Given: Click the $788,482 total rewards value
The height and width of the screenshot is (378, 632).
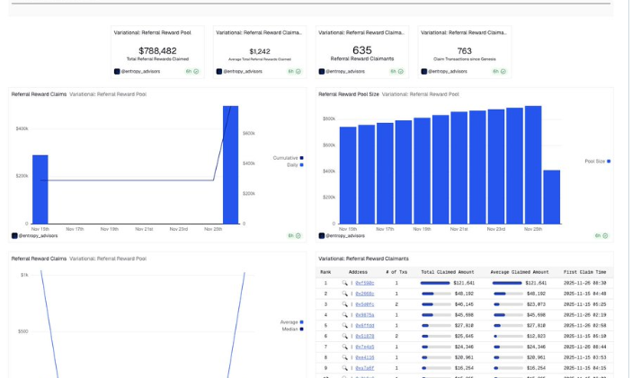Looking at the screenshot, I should (157, 51).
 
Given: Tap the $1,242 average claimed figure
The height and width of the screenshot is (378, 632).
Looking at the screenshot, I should (260, 51).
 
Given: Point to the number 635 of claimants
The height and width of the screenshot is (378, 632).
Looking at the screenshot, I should (361, 50).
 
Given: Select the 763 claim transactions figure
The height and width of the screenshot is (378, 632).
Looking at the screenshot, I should (464, 51).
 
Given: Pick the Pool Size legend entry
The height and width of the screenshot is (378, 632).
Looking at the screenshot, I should (596, 162).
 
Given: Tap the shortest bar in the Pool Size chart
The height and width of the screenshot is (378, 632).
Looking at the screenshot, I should (551, 197).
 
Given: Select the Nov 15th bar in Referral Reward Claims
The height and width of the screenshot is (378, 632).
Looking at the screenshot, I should (40, 189).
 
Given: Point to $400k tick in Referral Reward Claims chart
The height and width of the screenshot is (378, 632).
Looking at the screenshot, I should (22, 128).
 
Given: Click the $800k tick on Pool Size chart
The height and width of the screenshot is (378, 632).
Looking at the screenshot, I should (329, 119).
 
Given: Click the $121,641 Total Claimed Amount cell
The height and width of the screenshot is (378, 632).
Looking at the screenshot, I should (464, 283).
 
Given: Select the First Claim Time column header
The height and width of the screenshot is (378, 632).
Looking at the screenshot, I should (584, 272).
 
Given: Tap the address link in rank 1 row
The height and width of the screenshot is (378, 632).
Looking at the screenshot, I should (364, 283).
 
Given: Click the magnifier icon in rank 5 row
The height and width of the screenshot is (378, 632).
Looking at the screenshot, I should (344, 326).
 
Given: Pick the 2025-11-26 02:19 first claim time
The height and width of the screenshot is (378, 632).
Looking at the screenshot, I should (584, 315).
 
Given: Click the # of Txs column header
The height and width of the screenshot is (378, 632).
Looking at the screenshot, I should (396, 272).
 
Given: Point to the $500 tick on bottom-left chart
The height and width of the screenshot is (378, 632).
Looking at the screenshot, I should (23, 331).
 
